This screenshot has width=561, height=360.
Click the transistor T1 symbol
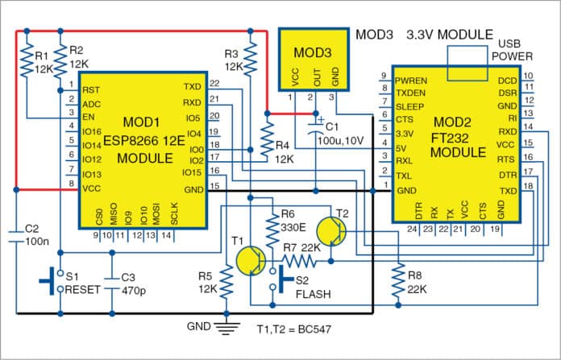(251, 263)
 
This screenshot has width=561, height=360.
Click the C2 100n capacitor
(15, 234)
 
